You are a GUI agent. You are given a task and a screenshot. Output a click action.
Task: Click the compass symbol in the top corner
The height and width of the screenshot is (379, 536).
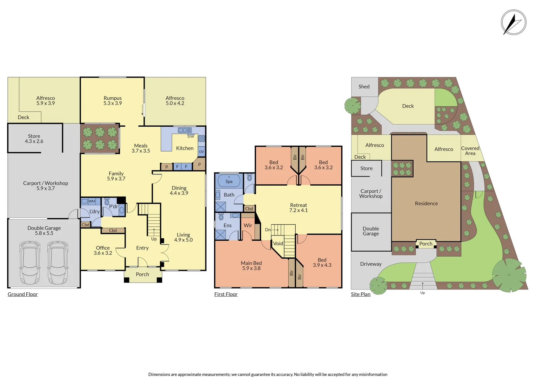click(513, 22)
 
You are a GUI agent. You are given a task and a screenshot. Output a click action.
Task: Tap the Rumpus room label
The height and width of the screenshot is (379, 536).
click(113, 101)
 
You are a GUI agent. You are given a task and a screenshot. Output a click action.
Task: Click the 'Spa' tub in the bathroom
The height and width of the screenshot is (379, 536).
click(229, 181)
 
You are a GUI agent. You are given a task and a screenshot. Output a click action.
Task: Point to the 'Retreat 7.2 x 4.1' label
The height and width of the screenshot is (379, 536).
click(299, 208)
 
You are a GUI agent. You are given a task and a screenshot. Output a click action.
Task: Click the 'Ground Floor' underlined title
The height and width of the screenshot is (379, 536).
click(22, 294)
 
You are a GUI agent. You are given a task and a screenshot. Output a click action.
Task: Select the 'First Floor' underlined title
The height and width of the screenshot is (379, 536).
click(226, 294)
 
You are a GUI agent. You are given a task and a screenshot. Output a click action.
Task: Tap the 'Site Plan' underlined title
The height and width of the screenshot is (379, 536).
click(361, 294)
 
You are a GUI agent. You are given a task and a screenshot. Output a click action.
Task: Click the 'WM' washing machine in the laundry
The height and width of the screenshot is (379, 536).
click(92, 201)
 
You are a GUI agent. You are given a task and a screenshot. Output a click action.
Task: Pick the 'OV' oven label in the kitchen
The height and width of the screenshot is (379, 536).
click(201, 152)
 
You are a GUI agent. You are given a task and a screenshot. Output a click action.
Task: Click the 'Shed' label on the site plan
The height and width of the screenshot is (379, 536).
click(364, 87)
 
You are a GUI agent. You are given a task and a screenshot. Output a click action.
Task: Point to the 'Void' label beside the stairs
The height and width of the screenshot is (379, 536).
click(278, 244)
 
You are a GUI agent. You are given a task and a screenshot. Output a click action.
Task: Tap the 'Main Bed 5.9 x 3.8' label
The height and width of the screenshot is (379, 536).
click(251, 266)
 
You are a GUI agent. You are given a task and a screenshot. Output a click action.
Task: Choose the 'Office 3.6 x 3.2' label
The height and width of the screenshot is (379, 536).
click(103, 250)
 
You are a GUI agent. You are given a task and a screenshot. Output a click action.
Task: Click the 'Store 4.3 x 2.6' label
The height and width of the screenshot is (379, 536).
click(34, 139)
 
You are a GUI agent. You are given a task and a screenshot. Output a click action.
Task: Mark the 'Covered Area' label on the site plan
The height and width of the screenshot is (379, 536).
click(470, 151)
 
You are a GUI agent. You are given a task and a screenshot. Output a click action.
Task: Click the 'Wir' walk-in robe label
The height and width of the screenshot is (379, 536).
click(248, 225)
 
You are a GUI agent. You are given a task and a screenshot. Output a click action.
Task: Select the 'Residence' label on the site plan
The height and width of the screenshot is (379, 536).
click(426, 204)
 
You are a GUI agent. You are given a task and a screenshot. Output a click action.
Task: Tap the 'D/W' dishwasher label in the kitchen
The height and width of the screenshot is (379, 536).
click(190, 137)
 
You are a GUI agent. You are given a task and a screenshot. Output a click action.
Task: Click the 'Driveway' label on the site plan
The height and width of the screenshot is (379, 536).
click(371, 264)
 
